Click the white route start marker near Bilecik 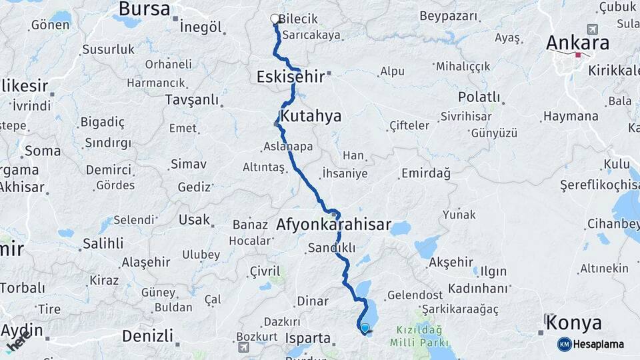275,19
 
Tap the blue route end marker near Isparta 365,327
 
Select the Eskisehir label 290,77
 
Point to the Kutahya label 311,116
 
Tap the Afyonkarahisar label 333,225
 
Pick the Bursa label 143,9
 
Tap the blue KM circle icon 564,344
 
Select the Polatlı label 479,97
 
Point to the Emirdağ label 425,173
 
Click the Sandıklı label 331,247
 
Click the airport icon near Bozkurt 245,347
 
